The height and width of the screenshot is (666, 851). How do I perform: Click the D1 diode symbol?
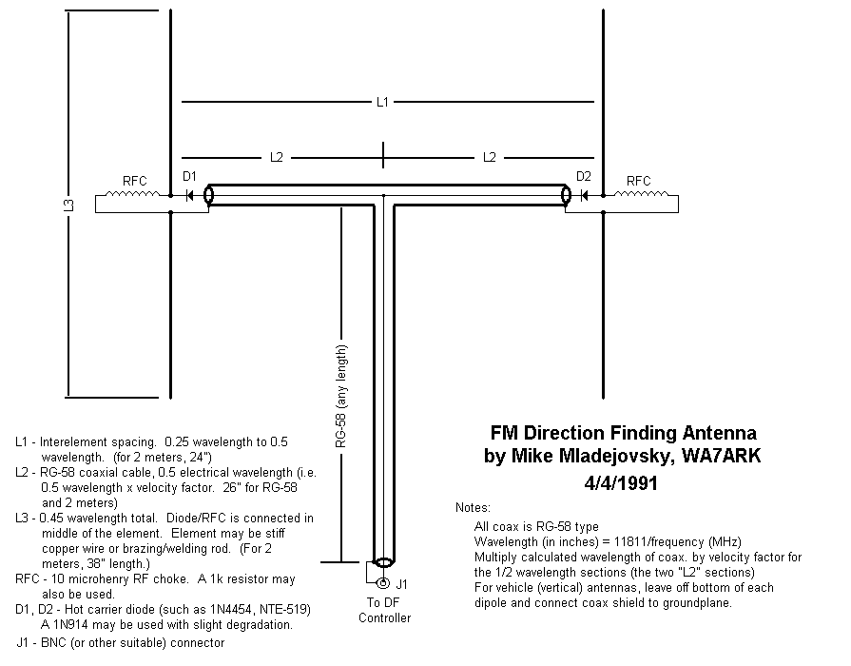point(190,196)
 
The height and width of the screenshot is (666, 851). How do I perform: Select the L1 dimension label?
point(382,101)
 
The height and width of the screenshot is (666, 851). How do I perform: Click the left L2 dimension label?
point(277,156)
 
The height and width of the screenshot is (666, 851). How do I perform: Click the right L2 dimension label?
point(489,156)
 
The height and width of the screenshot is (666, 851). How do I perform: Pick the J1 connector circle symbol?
point(383,583)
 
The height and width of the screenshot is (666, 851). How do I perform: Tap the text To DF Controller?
point(384,610)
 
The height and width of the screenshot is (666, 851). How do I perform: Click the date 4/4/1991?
point(623,483)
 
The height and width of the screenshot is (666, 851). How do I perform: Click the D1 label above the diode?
point(189,176)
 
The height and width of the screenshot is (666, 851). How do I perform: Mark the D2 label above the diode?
point(584,176)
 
